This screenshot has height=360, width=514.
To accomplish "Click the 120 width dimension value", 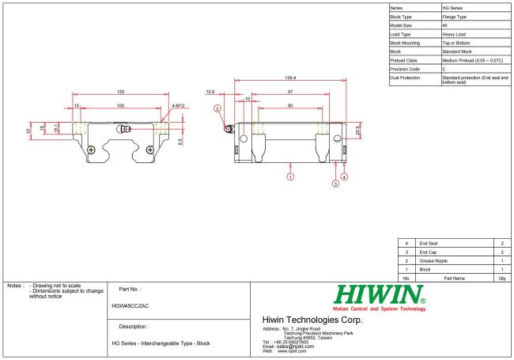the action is click(x=120, y=92).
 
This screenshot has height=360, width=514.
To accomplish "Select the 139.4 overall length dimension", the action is click(x=289, y=78).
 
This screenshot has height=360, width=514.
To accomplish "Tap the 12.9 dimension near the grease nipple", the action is click(x=211, y=92).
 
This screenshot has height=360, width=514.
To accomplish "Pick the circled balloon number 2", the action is click(x=217, y=108).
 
